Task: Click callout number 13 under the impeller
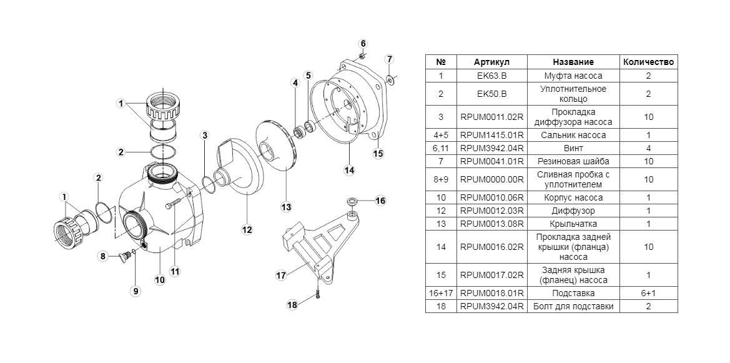click(286, 207)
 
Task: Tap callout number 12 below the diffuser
click(247, 230)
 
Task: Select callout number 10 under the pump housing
click(160, 280)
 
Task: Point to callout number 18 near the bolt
click(292, 304)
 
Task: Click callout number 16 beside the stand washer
click(380, 201)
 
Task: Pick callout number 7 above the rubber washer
click(389, 59)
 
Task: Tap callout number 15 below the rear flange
click(377, 153)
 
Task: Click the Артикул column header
click(491, 62)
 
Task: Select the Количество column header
click(648, 62)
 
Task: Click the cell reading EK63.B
click(491, 76)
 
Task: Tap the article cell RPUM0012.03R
click(491, 211)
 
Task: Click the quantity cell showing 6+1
click(648, 292)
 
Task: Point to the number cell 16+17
click(441, 292)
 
